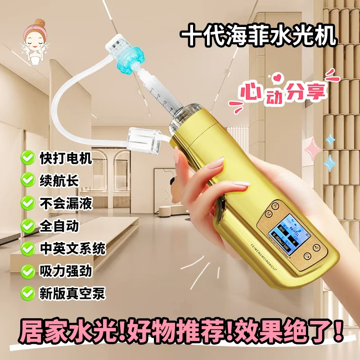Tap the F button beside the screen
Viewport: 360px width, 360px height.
coord(316,247)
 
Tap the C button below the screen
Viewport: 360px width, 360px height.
coord(307,256)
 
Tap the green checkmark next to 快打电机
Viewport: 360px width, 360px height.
coord(28,157)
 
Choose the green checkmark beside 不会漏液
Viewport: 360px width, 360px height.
coord(28,203)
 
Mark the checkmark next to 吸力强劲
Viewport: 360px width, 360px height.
coord(28,270)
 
